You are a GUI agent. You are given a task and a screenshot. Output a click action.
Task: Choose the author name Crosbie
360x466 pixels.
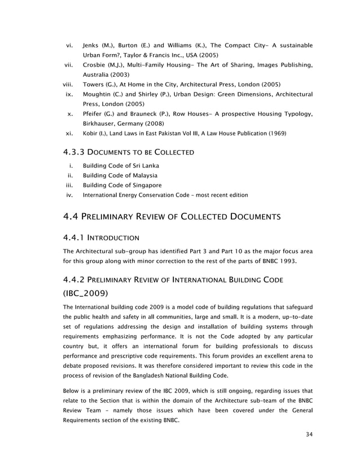pyautogui.click(x=94, y=65)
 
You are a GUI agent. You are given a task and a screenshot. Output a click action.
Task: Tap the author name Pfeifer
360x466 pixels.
pyautogui.click(x=94, y=115)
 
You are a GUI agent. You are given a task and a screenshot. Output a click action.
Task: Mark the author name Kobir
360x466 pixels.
pyautogui.click(x=91, y=134)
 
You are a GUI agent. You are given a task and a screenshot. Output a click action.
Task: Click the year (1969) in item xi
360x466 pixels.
pyautogui.click(x=274, y=134)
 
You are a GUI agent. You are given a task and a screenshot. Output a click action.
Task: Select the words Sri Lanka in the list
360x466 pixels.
pyautogui.click(x=145, y=165)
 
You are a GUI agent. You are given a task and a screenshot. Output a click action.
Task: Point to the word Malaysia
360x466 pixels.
pyautogui.click(x=141, y=175)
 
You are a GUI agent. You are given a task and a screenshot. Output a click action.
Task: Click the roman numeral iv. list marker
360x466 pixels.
pyautogui.click(x=71, y=195)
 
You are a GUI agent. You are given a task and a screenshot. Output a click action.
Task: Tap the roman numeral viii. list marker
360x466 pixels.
pyautogui.click(x=69, y=85)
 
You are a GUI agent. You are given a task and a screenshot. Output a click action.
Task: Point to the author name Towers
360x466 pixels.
pyautogui.click(x=94, y=85)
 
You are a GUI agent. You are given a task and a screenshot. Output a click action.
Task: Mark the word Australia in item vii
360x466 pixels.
pyautogui.click(x=98, y=74)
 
